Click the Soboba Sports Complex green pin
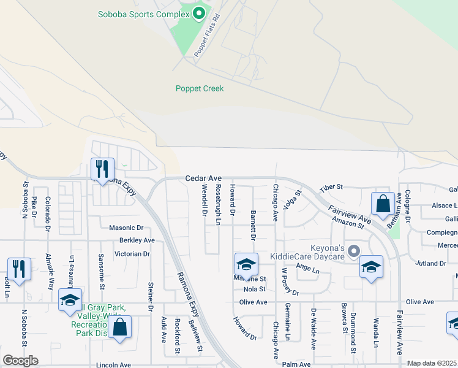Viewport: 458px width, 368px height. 198,13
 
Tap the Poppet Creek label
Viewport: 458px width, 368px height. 200,88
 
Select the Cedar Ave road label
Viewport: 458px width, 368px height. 203,178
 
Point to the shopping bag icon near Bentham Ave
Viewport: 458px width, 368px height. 382,204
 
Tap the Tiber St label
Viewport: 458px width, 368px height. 331,186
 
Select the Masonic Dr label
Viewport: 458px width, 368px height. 126,228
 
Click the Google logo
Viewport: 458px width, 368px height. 20,361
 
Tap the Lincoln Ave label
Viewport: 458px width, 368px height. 113,365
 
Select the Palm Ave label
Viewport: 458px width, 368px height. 297,364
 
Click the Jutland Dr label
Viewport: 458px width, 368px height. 430,263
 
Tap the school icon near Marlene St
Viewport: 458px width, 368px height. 246,264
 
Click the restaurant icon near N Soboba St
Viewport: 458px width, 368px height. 18,269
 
